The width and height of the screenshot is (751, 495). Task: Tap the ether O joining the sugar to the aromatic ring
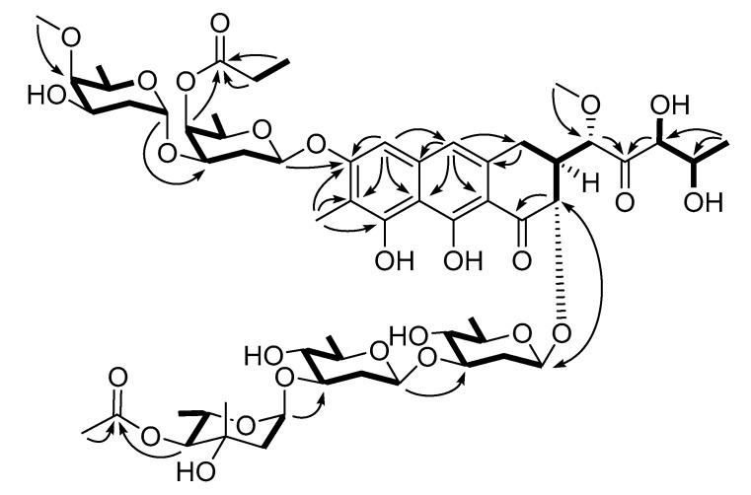tap(313, 145)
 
